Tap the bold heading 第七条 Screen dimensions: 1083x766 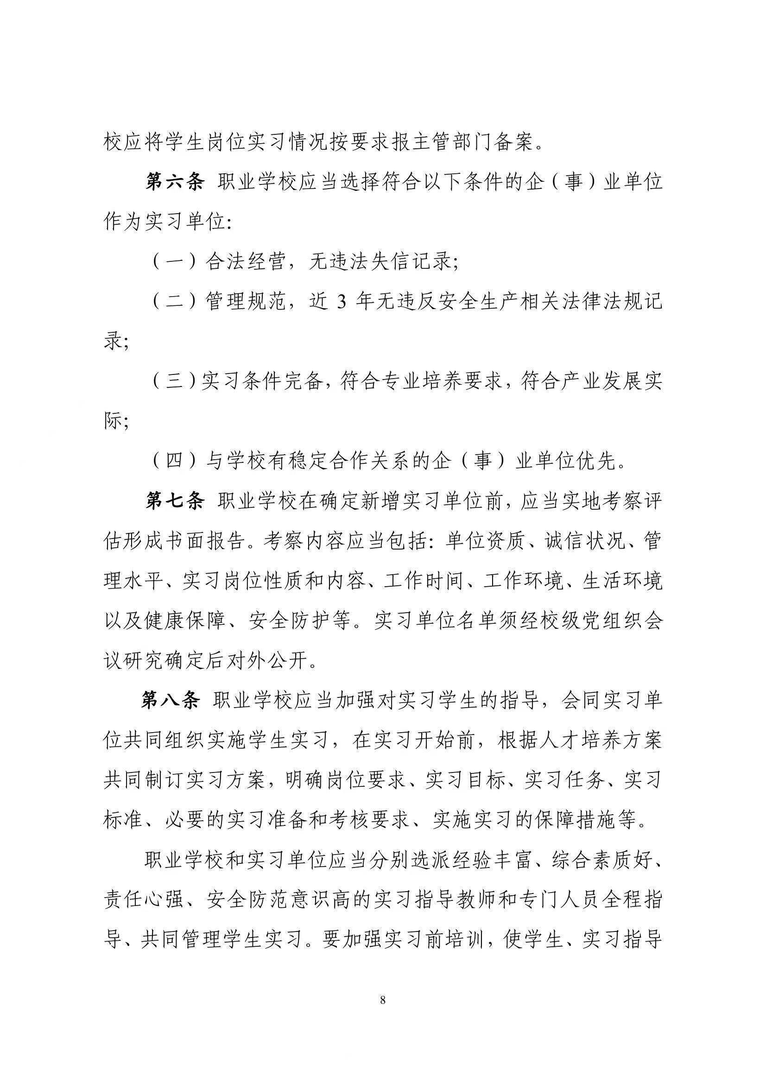pyautogui.click(x=175, y=502)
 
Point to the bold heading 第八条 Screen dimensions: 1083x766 pyautogui.click(x=170, y=701)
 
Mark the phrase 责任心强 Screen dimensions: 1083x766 pyautogui.click(x=144, y=900)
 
